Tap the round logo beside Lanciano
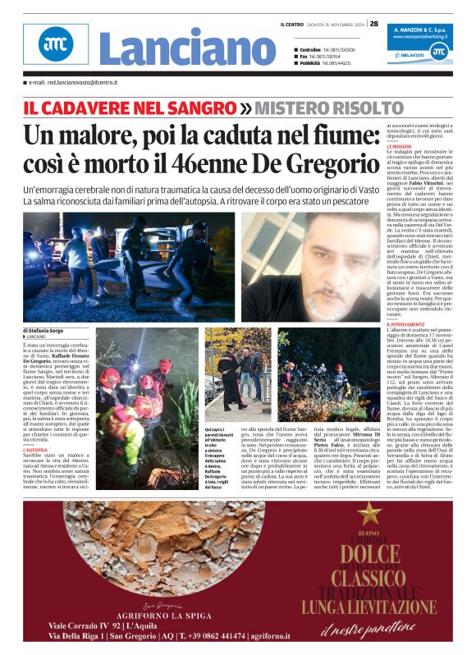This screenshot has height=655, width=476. click(x=56, y=45)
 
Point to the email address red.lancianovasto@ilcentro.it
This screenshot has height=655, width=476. click(x=77, y=83)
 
